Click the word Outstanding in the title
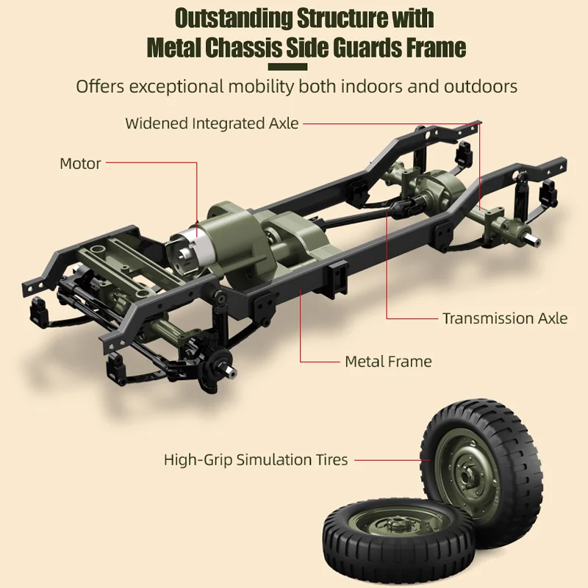click(x=231, y=18)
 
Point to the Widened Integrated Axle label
click(x=212, y=123)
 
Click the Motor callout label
click(x=80, y=163)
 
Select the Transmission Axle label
click(x=505, y=318)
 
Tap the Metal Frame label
click(x=388, y=361)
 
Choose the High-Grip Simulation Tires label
click(x=256, y=460)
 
